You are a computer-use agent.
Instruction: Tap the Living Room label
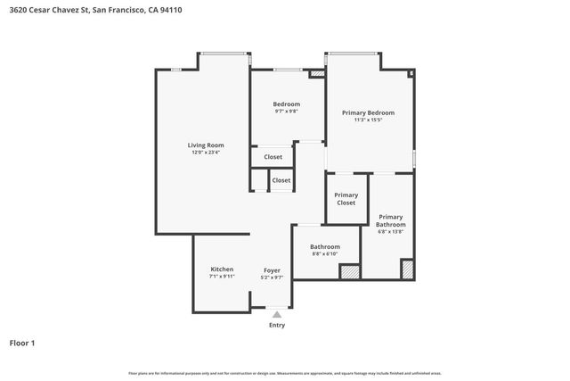pyautogui.click(x=205, y=145)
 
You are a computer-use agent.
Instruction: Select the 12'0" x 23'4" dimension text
pyautogui.click(x=205, y=153)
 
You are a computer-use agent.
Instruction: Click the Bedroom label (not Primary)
pyautogui.click(x=286, y=104)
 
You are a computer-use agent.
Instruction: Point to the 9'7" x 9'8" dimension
pyautogui.click(x=286, y=112)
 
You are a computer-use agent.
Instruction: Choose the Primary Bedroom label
pyautogui.click(x=368, y=112)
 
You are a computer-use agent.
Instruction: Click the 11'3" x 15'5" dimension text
pyautogui.click(x=368, y=120)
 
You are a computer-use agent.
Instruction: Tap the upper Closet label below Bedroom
pyautogui.click(x=273, y=157)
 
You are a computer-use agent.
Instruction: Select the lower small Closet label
pyautogui.click(x=281, y=180)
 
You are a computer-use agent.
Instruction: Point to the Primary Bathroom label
pyautogui.click(x=390, y=220)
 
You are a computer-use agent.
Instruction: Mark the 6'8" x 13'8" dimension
pyautogui.click(x=390, y=232)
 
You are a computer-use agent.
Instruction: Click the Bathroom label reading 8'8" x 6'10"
pyautogui.click(x=325, y=246)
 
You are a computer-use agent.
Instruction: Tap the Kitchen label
pyautogui.click(x=222, y=269)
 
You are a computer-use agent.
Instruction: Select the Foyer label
pyautogui.click(x=273, y=269)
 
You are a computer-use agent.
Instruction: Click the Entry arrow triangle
pyautogui.click(x=278, y=314)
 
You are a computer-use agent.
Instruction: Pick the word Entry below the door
pyautogui.click(x=278, y=326)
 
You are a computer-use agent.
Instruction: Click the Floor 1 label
pyautogui.click(x=22, y=343)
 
